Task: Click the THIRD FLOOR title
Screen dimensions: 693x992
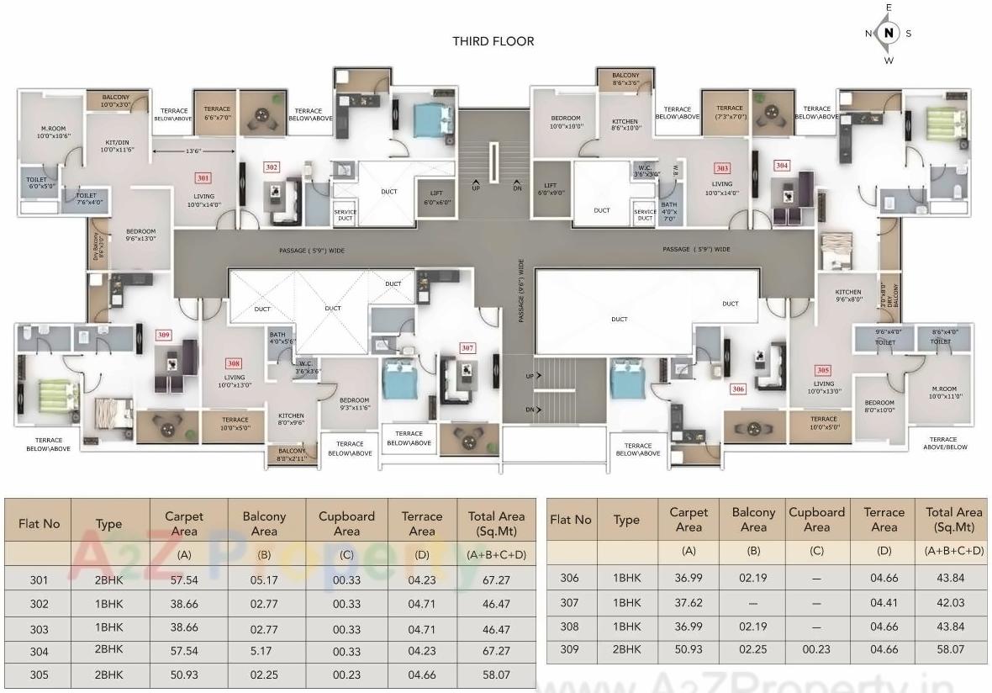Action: (493, 41)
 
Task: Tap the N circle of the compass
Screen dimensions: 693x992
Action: (888, 34)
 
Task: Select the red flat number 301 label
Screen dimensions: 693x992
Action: (203, 178)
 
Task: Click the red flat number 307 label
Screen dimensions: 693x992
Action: (467, 347)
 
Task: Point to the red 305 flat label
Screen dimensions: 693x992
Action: (823, 370)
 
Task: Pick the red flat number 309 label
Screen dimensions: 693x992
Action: (163, 335)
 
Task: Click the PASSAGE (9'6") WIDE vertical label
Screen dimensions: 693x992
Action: (520, 290)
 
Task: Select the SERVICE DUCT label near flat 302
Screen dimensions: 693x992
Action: (345, 215)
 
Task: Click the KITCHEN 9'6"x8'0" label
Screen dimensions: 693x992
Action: (848, 295)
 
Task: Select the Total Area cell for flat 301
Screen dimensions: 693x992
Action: (496, 580)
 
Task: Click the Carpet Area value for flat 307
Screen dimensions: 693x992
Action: (688, 602)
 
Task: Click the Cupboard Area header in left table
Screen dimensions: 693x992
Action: (346, 523)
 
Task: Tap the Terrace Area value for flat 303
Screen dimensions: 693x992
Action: (421, 628)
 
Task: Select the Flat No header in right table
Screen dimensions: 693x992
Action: (571, 520)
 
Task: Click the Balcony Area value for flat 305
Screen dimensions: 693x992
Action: (263, 674)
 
